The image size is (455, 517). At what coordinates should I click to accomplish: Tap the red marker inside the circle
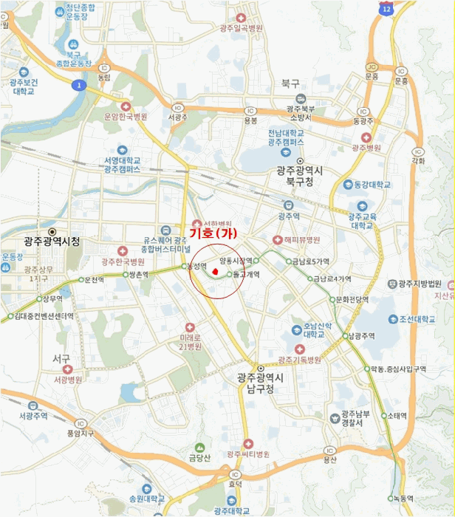pyautogui.click(x=214, y=273)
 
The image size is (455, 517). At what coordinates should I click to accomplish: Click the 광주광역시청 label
pyautogui.click(x=51, y=241)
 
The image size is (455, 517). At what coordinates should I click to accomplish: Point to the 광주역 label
pyautogui.click(x=289, y=216)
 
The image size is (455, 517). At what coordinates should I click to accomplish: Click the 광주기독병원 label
pyautogui.click(x=300, y=360)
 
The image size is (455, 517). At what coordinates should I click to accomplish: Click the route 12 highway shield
pyautogui.click(x=387, y=8)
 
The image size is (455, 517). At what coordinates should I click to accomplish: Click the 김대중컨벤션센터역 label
pyautogui.click(x=44, y=315)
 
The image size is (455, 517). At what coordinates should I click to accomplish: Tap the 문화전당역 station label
pyautogui.click(x=352, y=300)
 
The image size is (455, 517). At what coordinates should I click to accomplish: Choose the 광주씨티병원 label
pyautogui.click(x=248, y=453)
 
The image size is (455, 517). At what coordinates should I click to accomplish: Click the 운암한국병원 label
pyautogui.click(x=126, y=117)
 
